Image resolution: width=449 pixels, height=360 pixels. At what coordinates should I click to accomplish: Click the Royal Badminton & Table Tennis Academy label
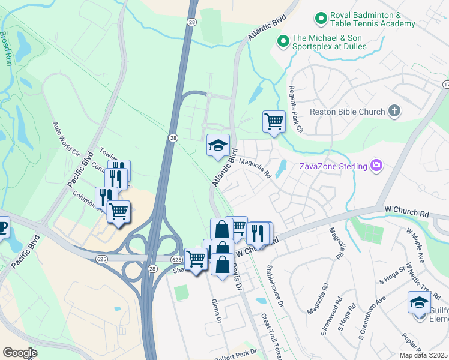pyautogui.click(x=372, y=19)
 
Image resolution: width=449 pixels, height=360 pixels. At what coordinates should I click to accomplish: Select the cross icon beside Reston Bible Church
pyautogui.click(x=394, y=110)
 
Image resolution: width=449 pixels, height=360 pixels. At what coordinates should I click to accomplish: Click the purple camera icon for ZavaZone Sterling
pyautogui.click(x=376, y=165)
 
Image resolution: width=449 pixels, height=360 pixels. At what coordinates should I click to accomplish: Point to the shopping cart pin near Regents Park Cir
pyautogui.click(x=274, y=121)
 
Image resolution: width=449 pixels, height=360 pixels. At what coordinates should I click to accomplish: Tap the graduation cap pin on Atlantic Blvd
pyautogui.click(x=218, y=145)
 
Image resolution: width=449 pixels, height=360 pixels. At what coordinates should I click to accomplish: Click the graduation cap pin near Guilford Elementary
pyautogui.click(x=418, y=302)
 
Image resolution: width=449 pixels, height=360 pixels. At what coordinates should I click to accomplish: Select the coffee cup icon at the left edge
pyautogui.click(x=2, y=227)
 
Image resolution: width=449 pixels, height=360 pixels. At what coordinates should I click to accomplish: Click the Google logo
pyautogui.click(x=20, y=352)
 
